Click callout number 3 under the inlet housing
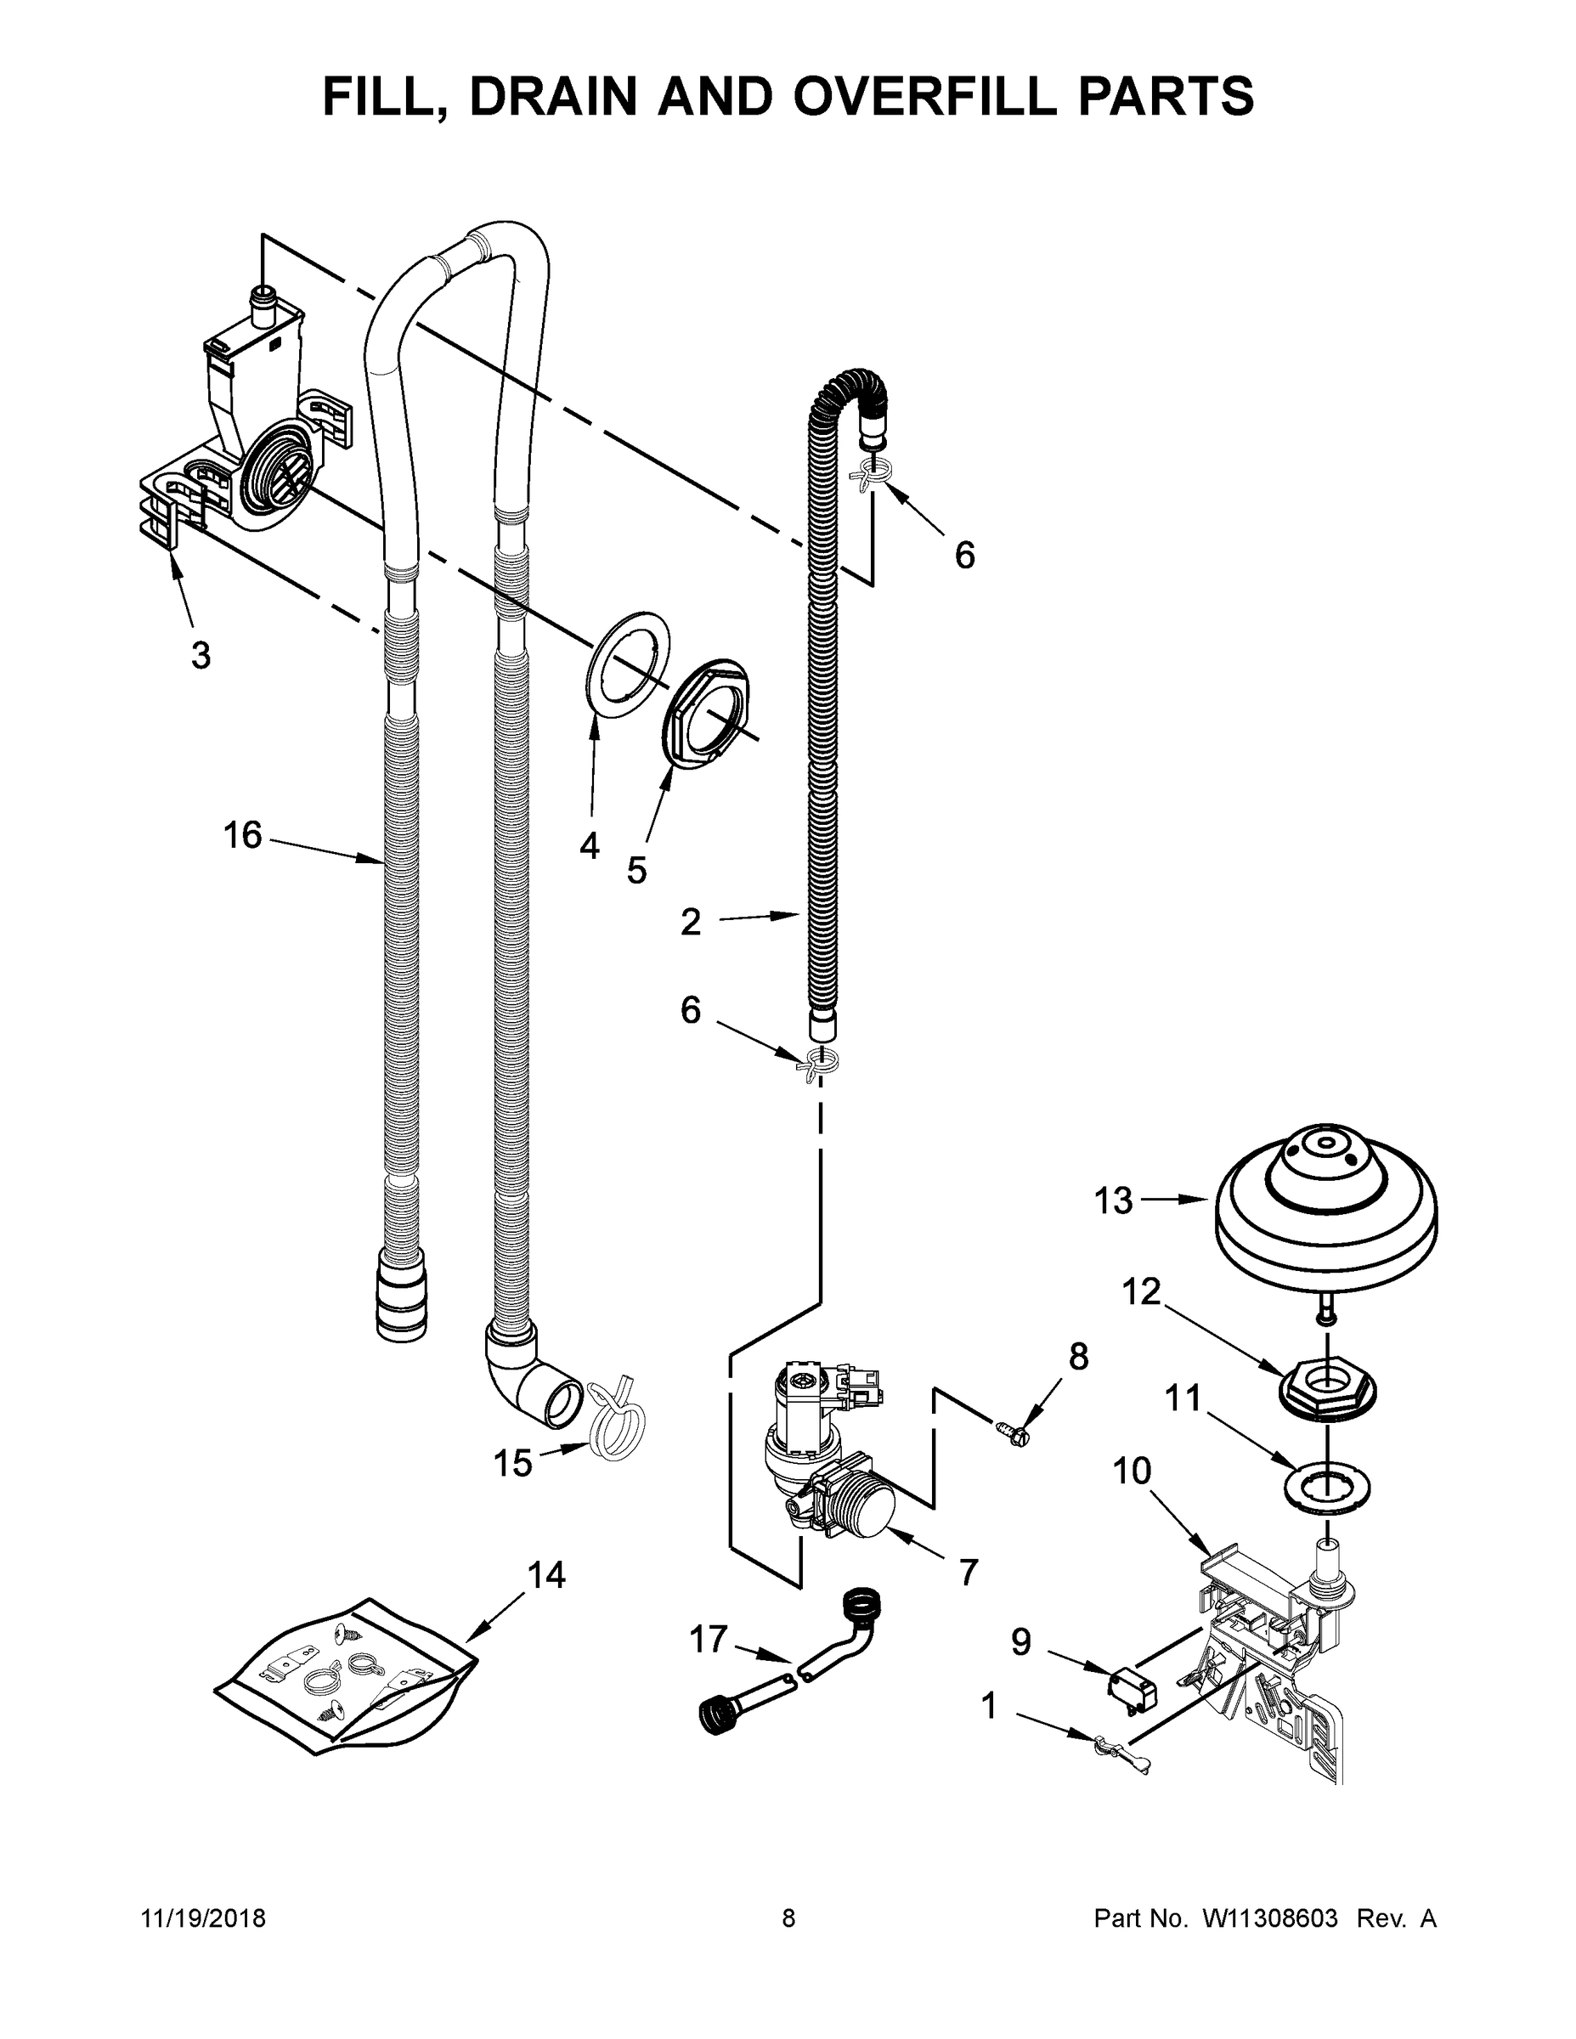pos(201,655)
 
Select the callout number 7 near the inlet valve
pos(969,1573)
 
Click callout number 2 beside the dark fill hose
pos(690,923)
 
